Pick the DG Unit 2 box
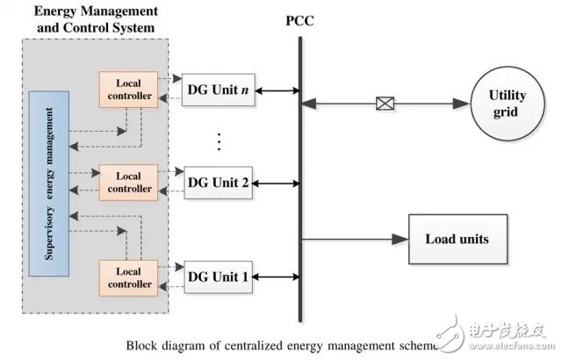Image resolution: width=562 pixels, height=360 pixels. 219,183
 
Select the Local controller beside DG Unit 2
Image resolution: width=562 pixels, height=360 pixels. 128,182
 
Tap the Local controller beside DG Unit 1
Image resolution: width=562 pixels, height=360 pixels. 128,277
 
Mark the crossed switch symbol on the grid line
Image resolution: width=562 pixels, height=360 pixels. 384,104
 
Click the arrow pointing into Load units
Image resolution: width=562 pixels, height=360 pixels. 400,239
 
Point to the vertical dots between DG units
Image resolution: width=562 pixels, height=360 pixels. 220,140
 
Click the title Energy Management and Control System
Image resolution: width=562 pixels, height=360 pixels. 96,18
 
